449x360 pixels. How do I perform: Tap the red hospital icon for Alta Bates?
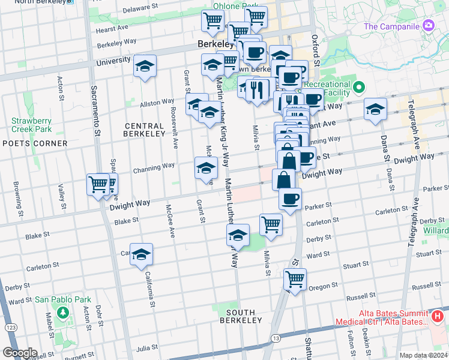(438, 316)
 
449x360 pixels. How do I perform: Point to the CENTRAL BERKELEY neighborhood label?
(144, 130)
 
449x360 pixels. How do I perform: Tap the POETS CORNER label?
(35, 143)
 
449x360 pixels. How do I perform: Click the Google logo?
(20, 353)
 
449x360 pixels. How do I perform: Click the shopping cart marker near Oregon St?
(295, 278)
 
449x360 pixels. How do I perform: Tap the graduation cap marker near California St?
(142, 254)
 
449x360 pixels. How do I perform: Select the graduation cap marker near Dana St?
(375, 109)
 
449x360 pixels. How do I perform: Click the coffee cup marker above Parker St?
(290, 199)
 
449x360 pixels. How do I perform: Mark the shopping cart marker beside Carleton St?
(271, 224)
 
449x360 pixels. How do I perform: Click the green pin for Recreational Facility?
(359, 88)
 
